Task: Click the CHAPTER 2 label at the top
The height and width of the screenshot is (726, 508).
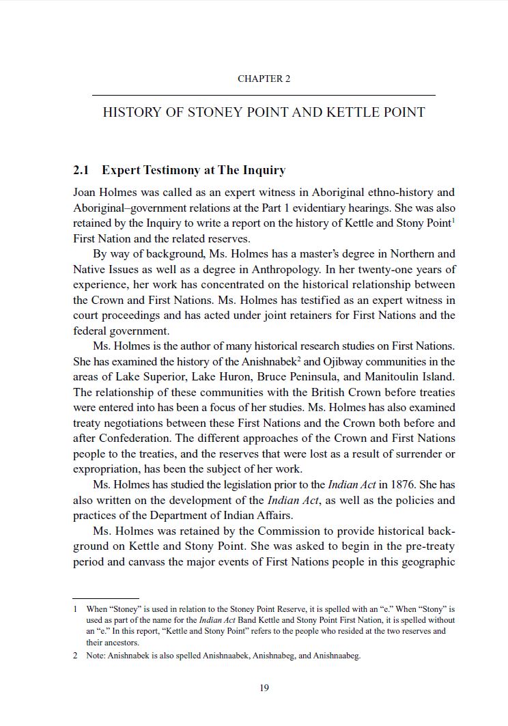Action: coord(264,79)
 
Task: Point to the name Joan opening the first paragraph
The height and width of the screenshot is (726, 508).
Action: coord(86,193)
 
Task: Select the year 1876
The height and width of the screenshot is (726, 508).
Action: coord(392,485)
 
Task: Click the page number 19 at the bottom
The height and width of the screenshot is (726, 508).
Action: coord(264,688)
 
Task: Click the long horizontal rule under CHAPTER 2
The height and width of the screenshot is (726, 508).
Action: coord(264,95)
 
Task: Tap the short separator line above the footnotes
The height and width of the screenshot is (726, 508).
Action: coord(106,598)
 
